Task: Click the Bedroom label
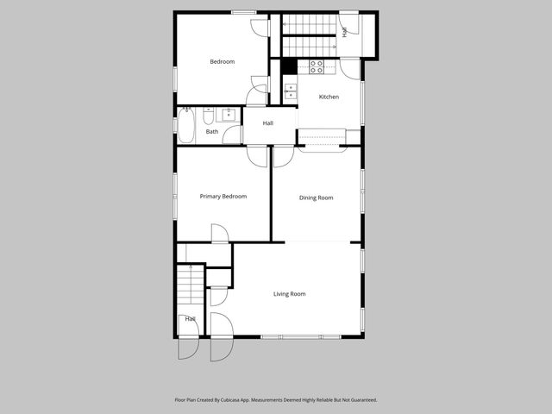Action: [x=223, y=61]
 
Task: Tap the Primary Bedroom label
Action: [x=223, y=197]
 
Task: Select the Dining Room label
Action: [x=316, y=198]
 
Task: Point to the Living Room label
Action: [x=290, y=294]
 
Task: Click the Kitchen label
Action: [x=329, y=97]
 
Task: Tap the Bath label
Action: [x=211, y=132]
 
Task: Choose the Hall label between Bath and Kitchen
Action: [x=268, y=123]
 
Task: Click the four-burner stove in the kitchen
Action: [x=317, y=65]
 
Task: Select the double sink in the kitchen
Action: [x=290, y=91]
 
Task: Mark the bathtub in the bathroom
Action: [x=186, y=127]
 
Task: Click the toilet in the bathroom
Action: [x=208, y=115]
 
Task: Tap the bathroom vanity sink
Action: [x=230, y=114]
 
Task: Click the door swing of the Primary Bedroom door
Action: [x=220, y=234]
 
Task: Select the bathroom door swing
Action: [x=231, y=135]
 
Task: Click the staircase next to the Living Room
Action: [x=190, y=285]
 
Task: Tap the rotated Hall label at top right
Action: [x=345, y=32]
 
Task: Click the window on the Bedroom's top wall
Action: [x=243, y=12]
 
